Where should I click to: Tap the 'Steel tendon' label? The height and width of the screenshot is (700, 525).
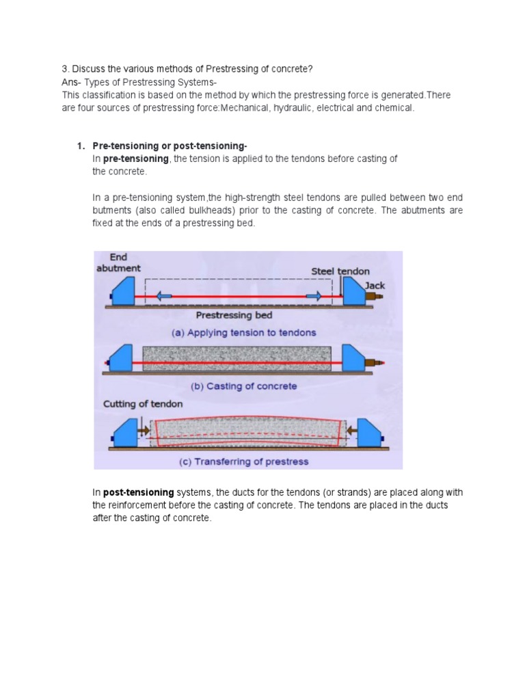tap(340, 271)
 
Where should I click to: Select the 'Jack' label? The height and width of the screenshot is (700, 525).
tap(375, 284)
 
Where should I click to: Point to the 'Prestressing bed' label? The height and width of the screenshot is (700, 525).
tap(234, 315)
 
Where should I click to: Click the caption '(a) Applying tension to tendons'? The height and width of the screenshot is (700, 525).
tap(243, 332)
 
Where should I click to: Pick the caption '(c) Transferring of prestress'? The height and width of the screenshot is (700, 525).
tap(243, 461)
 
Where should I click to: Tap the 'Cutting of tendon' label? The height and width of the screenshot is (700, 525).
tap(143, 404)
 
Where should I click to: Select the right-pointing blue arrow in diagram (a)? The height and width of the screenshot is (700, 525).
tap(314, 296)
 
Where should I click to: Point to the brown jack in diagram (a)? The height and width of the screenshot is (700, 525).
tap(373, 297)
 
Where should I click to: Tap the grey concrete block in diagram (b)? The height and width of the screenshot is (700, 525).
tap(237, 358)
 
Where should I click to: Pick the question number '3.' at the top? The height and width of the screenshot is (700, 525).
tap(66, 69)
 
